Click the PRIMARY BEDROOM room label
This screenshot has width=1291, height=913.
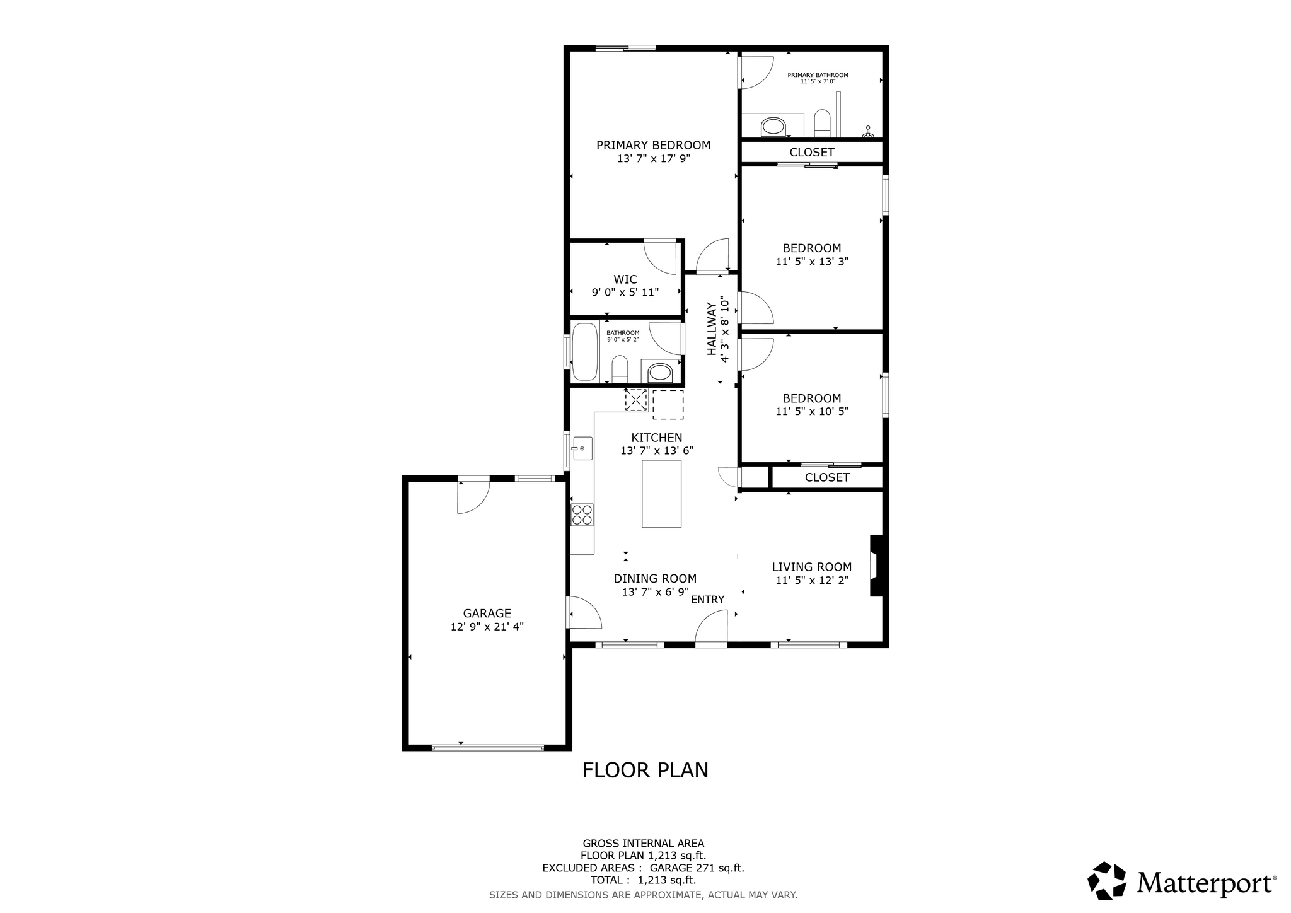pos(653,145)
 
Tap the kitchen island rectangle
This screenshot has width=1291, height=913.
pos(661,494)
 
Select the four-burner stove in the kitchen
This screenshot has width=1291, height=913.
pos(582,515)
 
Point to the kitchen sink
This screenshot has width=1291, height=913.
pos(582,448)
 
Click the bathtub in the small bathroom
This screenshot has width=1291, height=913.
pos(584,352)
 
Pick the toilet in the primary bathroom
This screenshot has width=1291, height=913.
pos(823,124)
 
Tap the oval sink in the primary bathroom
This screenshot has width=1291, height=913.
pos(773,127)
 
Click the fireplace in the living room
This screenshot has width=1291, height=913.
pos(876,566)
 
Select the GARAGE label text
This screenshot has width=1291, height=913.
pos(487,614)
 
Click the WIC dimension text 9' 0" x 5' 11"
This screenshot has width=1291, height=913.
pos(625,293)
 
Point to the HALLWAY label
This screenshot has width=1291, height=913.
pos(712,329)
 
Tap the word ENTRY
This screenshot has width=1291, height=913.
pos(707,600)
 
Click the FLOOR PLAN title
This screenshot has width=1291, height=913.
pos(645,770)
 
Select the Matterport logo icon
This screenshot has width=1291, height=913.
pos(1106,880)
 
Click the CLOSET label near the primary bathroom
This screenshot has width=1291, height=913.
pos(812,152)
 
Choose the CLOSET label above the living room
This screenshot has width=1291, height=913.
pos(827,477)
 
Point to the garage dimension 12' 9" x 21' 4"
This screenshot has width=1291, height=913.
pos(487,627)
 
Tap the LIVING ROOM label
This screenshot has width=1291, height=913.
pos(812,567)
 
